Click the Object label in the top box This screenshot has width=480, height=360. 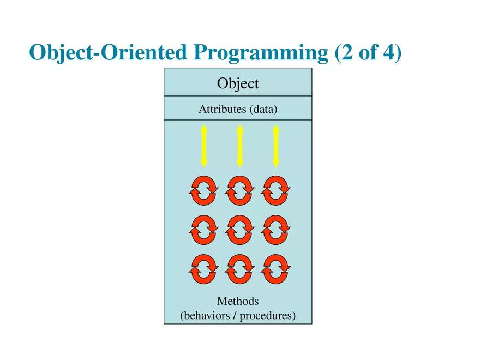pos(238,83)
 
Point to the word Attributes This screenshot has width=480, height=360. pos(222,109)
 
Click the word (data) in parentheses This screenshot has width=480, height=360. pos(263,109)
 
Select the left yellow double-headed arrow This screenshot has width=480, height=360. pos(203,146)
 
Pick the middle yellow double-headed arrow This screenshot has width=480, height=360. pos(239,146)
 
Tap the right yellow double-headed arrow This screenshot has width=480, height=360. pos(275,146)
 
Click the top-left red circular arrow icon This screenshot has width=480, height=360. pos(203,190)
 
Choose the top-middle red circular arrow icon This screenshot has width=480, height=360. pos(239,190)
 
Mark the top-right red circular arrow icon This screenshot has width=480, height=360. pos(276,190)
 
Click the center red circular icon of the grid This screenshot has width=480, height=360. pos(239,230)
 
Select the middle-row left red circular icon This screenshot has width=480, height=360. pos(203,230)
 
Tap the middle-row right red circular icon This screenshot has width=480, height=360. pos(276,230)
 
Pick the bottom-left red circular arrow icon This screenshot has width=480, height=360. pos(203,269)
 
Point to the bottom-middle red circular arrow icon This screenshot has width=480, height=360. pos(239,269)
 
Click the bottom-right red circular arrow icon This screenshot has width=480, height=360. pos(276,269)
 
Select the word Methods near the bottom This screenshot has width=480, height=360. pos(238,301)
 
